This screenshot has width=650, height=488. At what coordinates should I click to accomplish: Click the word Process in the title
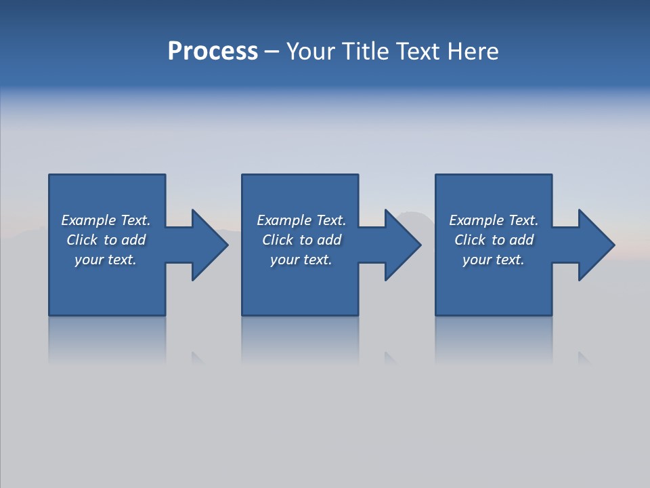(213, 52)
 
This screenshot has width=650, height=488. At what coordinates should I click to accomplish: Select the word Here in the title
(472, 52)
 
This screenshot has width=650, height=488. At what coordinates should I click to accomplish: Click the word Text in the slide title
(418, 52)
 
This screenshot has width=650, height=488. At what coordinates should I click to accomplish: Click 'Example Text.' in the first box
(106, 220)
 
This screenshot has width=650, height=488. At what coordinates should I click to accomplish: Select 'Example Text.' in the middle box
(301, 220)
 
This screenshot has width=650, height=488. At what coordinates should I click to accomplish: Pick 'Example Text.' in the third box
(494, 220)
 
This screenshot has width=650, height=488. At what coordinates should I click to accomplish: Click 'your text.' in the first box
(106, 260)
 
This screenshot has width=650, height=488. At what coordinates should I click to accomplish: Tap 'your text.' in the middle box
(301, 260)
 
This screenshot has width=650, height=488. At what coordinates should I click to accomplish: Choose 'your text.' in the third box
(494, 260)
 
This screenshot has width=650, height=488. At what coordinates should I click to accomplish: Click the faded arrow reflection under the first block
(198, 357)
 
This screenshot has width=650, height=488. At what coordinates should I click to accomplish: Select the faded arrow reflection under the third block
(584, 357)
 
